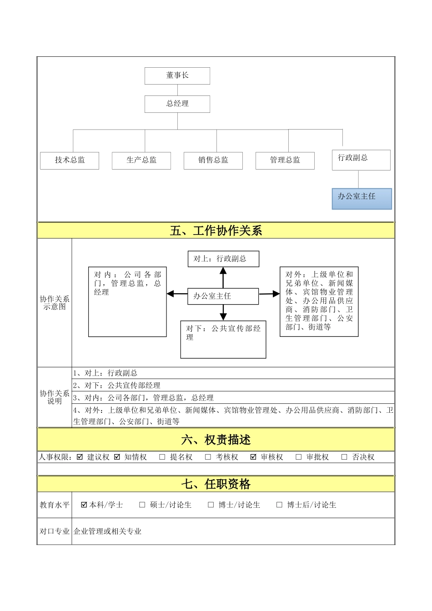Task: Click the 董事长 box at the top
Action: [177, 76]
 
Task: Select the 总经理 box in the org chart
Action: [177, 104]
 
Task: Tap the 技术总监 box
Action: [70, 160]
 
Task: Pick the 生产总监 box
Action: [141, 160]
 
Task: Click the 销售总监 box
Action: [213, 160]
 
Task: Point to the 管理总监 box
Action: [285, 160]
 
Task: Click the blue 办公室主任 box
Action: [362, 199]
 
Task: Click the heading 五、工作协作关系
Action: [216, 231]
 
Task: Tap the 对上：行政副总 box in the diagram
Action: [223, 259]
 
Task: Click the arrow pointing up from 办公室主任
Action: [223, 277]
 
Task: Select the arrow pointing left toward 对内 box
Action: [177, 294]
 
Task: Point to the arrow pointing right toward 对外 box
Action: [269, 294]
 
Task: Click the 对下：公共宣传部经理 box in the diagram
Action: [223, 339]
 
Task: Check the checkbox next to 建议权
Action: [80, 457]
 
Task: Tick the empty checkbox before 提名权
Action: [162, 457]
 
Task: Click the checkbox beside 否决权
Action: [344, 457]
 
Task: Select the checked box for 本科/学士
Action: [84, 505]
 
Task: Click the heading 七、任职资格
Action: [216, 484]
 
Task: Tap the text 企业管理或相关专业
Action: [108, 531]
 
